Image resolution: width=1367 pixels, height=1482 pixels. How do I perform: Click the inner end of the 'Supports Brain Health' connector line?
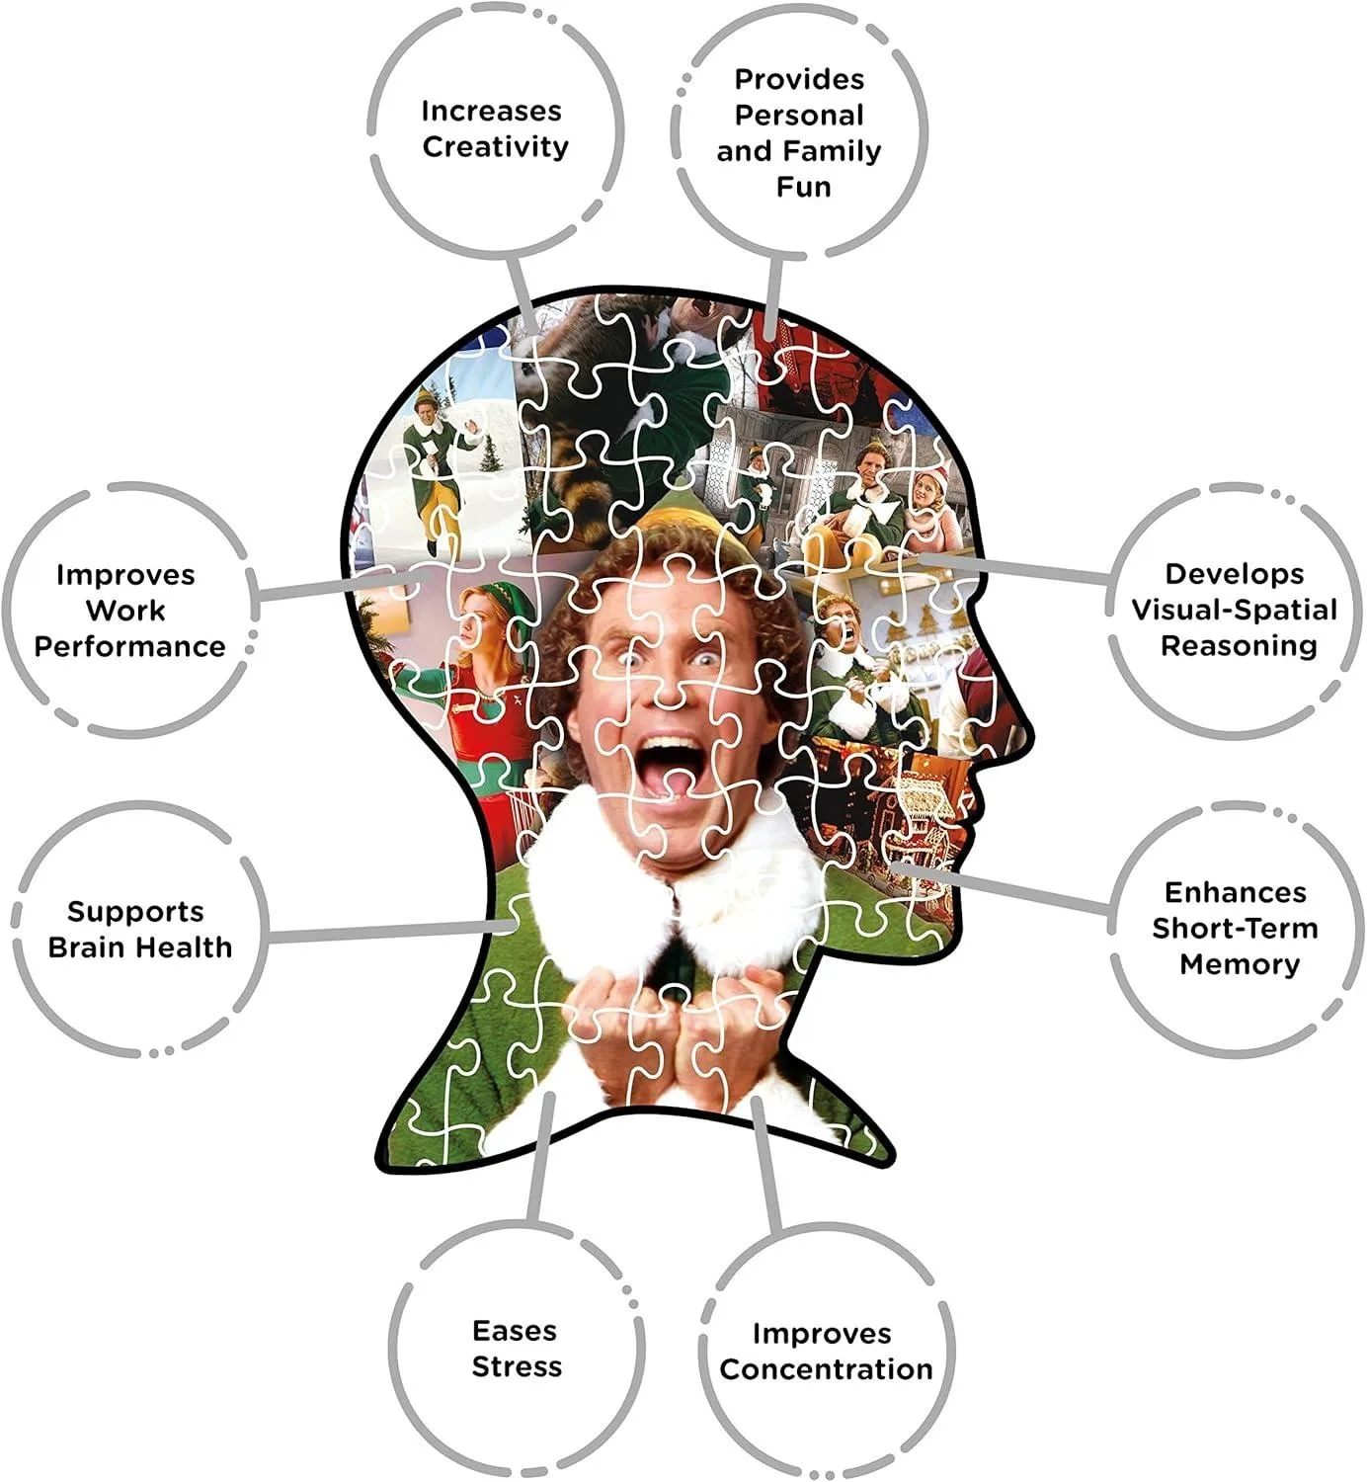[514, 926]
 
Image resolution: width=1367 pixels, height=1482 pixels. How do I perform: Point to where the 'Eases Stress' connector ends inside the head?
[550, 1098]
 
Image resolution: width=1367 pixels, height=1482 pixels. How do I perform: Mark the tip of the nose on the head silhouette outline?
[1033, 731]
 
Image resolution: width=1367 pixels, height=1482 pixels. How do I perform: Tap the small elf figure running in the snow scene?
[437, 462]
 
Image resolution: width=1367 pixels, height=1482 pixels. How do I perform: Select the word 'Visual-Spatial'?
[1235, 610]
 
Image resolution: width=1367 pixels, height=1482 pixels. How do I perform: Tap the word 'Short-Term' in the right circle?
[1235, 929]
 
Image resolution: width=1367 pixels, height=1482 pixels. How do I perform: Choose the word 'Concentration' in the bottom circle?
[827, 1369]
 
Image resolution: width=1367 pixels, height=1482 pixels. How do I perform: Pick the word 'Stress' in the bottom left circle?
[517, 1366]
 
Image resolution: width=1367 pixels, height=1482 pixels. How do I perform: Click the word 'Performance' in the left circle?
[129, 646]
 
